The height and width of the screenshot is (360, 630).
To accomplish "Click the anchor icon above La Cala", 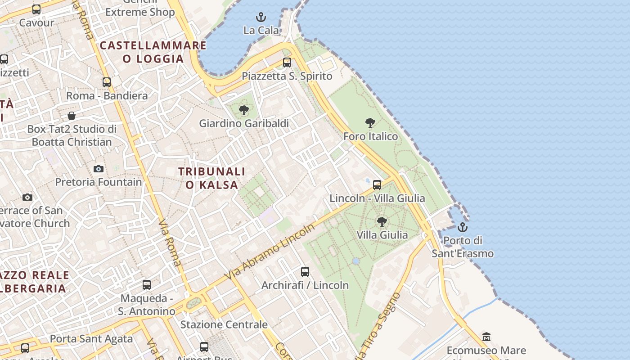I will (x=261, y=18).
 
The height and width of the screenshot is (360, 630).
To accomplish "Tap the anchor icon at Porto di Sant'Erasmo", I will (x=463, y=227).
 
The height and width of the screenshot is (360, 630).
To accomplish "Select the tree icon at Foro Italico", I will (x=370, y=123).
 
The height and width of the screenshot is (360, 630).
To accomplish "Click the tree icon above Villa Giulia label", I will (x=382, y=221).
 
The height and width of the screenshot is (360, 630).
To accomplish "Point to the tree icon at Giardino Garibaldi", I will (x=244, y=110).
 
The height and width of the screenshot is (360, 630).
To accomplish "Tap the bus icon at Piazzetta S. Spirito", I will (x=287, y=63).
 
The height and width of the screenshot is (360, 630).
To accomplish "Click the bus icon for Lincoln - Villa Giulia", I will (x=377, y=185).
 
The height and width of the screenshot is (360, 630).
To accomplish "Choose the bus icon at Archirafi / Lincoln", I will (x=305, y=272).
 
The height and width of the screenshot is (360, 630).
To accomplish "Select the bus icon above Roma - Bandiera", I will (x=107, y=82).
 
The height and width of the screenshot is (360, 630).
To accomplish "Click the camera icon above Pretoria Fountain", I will (x=99, y=169).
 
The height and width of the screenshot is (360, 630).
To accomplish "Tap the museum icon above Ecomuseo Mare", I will (x=486, y=337).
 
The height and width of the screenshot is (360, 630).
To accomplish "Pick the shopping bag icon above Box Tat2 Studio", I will (x=72, y=116).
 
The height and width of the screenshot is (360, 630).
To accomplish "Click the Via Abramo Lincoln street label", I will (x=271, y=251).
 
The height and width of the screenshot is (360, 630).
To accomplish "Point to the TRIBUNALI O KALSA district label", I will (x=212, y=178).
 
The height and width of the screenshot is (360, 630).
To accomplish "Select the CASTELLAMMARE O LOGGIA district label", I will (x=153, y=52).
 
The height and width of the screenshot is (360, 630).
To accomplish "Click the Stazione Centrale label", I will (x=224, y=324).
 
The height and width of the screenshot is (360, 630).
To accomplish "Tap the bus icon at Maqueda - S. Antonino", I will (x=147, y=285).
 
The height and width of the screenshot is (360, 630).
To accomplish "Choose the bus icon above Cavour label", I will (x=36, y=9).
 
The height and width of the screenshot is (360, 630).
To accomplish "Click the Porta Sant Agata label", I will (x=91, y=339).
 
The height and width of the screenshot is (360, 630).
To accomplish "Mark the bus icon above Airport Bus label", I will (x=204, y=347).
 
